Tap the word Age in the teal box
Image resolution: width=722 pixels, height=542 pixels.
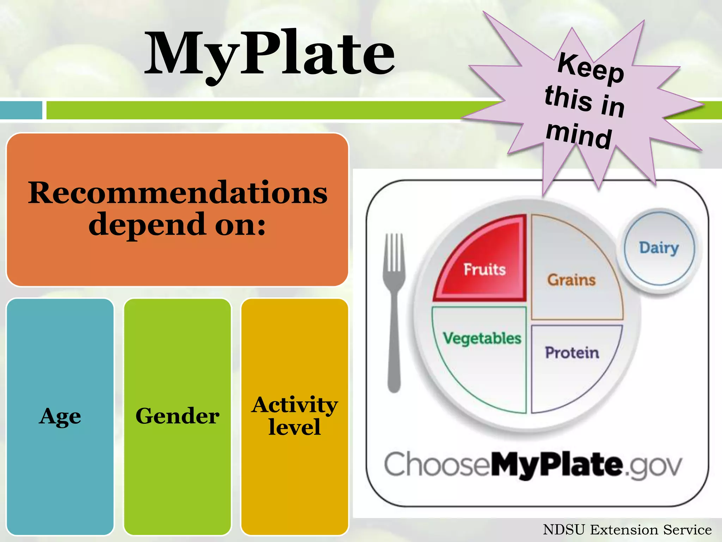[60, 416]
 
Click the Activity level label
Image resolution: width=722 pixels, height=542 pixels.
[294, 416]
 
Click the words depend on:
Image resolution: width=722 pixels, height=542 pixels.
[177, 224]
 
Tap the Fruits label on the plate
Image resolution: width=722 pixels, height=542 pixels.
[484, 269]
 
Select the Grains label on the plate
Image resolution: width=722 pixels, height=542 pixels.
[571, 280]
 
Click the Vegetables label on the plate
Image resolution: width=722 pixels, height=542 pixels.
[482, 338]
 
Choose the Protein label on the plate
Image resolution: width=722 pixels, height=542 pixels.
[572, 353]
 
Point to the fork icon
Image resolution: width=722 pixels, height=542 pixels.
[394, 311]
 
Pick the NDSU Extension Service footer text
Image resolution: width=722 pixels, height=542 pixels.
[627, 530]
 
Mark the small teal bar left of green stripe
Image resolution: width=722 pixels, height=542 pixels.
[21, 110]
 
